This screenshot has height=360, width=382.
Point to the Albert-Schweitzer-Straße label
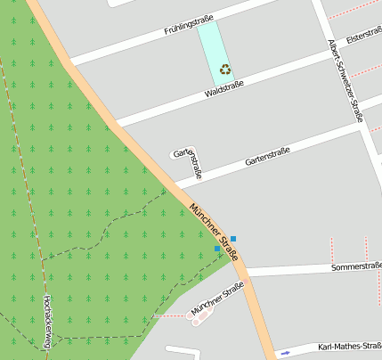(345, 79)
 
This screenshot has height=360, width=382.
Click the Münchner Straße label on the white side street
(216, 298)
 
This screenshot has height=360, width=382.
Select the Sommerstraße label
(355, 266)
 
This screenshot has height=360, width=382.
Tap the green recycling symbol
(225, 68)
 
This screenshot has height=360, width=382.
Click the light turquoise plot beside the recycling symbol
(212, 45)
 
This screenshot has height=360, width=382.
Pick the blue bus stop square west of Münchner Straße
(217, 249)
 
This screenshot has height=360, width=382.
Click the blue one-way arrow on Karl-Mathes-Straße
(285, 353)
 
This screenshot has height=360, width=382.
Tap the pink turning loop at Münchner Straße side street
(201, 315)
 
